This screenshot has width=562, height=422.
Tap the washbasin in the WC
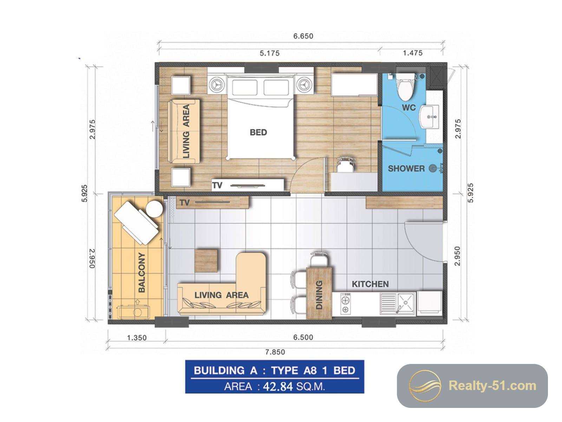[x=429, y=117]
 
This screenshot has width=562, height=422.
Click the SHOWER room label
[x=406, y=168]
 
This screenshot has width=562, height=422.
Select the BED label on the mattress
[x=258, y=132]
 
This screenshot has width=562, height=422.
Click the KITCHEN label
[x=370, y=284]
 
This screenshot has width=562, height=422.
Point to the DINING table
[x=319, y=293]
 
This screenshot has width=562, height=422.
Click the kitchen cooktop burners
[x=345, y=303]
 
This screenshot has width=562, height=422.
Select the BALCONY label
[x=142, y=272]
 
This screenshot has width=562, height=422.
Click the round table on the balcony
[x=155, y=209]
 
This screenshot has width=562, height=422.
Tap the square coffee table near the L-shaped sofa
[x=206, y=260]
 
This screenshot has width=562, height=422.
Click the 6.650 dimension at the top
[x=303, y=36]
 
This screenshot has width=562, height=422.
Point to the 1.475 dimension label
[x=412, y=53]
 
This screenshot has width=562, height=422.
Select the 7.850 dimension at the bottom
[x=275, y=352]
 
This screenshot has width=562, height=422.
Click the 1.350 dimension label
[x=137, y=338]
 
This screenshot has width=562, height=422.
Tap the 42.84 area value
[x=278, y=386]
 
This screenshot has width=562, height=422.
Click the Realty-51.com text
[x=492, y=386]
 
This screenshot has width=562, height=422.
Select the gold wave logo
[x=425, y=385]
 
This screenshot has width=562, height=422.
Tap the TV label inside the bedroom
[x=217, y=185]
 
